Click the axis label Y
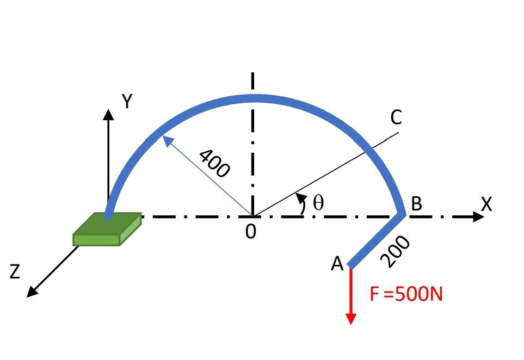click(127, 101)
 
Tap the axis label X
click(486, 204)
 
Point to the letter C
click(396, 117)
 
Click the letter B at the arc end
click(417, 204)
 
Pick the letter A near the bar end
click(337, 264)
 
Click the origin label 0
click(250, 232)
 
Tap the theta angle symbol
click(318, 203)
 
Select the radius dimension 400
click(214, 164)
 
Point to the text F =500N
click(406, 294)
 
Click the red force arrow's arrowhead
click(351, 318)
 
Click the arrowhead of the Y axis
click(109, 114)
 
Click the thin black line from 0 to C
click(326, 173)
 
